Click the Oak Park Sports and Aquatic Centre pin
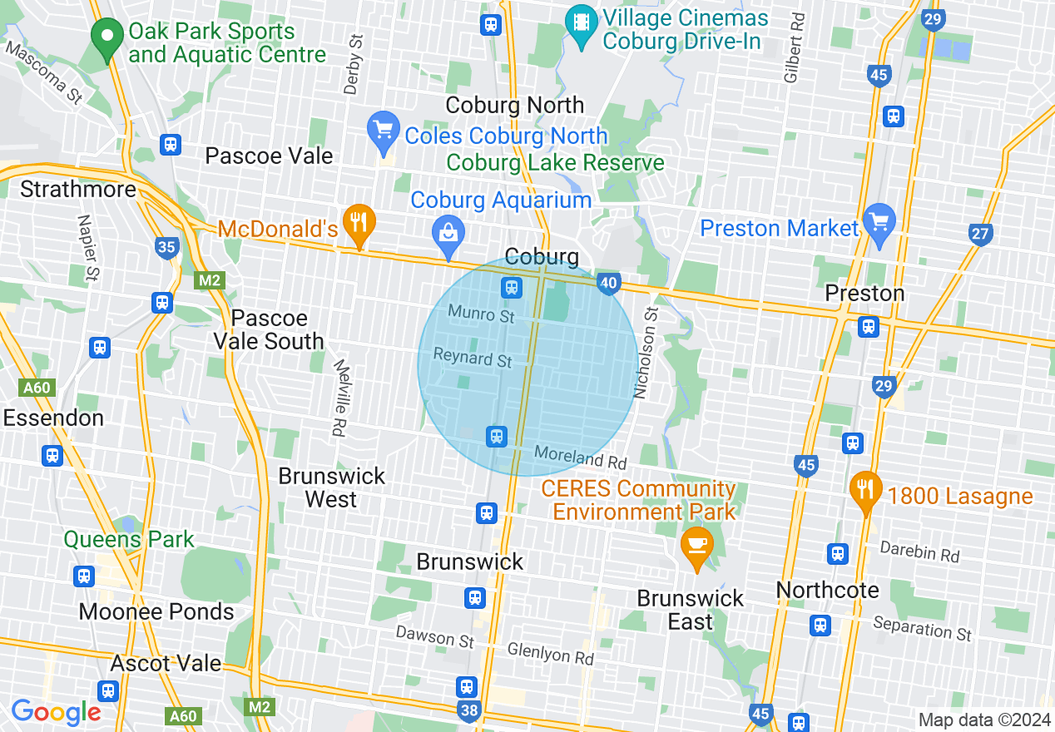pos(106,38)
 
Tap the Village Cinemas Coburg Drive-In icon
pos(581,22)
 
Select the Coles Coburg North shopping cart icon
pos(384,131)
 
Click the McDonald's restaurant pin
pos(359,223)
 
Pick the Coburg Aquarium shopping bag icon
pos(448,234)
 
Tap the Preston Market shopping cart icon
pos(879,222)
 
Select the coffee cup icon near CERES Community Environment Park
pos(696,546)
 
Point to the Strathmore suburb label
pos(78,190)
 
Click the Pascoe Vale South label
pos(269,330)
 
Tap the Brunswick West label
pos(332,487)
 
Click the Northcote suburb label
pos(827,590)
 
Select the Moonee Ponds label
pos(156,612)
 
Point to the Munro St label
pos(481,314)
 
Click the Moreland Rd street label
pos(580,457)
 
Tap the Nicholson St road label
pos(646,353)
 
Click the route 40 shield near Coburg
pos(608,284)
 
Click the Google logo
pos(56,713)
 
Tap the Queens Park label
pos(129,540)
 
